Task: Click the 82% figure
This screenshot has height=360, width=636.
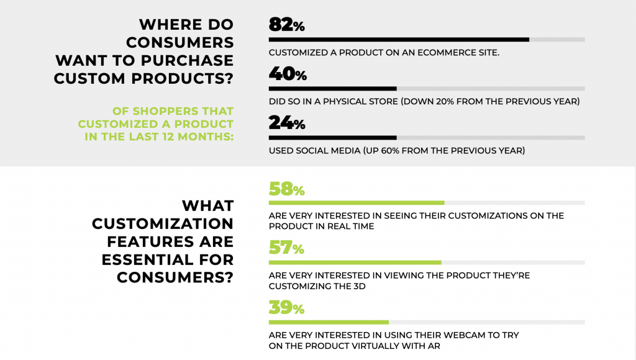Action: pos(286,25)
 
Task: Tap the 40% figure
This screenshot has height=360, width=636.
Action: pos(288,74)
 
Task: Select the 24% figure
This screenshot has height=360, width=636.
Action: pos(287,123)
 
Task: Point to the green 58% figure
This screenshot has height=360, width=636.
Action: pos(286,189)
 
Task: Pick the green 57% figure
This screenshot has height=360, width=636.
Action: pos(286,248)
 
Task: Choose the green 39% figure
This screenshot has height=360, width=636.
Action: pos(286,308)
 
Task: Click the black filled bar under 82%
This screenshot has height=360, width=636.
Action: pos(399,40)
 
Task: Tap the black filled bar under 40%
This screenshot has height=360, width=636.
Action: pos(333,89)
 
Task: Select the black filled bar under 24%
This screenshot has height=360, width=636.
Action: pos(333,138)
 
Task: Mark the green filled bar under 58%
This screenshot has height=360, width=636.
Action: pos(357,203)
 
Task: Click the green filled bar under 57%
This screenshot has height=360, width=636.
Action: pos(355,263)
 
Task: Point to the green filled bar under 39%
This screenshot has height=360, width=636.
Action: pos(329,323)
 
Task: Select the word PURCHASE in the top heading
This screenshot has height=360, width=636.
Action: pos(187,60)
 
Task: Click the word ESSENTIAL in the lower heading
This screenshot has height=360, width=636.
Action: pos(148,259)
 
